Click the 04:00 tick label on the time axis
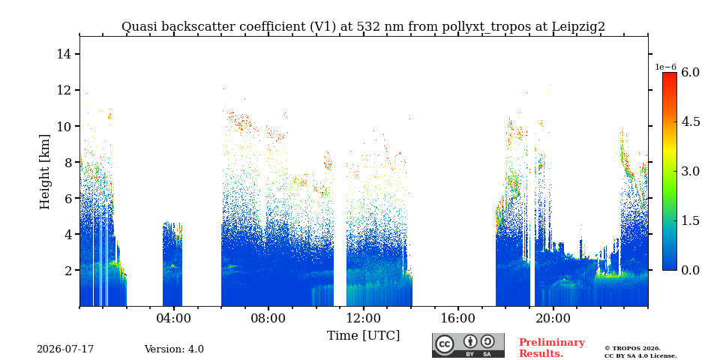173,318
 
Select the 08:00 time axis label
268,318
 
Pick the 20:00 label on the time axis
553,318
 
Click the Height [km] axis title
44,172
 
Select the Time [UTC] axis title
363,336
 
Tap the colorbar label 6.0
690,72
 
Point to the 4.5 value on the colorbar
690,121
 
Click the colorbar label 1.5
690,220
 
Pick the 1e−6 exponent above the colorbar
665,67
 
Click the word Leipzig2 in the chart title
578,27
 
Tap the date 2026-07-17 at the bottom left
65,349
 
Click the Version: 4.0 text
174,349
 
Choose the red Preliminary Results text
552,348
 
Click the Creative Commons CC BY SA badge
468,345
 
